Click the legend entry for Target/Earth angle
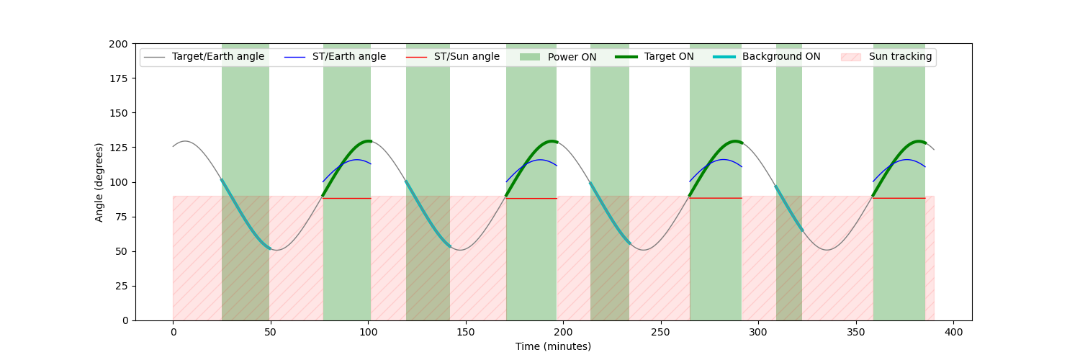(217, 57)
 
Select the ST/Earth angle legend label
(348, 57)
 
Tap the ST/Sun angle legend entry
(467, 57)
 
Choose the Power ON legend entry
(572, 57)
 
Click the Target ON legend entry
(669, 57)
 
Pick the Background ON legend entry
(781, 57)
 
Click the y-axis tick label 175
(118, 78)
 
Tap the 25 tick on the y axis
(121, 286)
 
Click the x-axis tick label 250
(661, 333)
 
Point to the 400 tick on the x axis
(953, 333)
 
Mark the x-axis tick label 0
(173, 333)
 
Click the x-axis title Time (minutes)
(553, 347)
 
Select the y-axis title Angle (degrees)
(99, 182)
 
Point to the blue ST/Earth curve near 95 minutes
(358, 160)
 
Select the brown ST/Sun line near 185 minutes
(534, 198)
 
